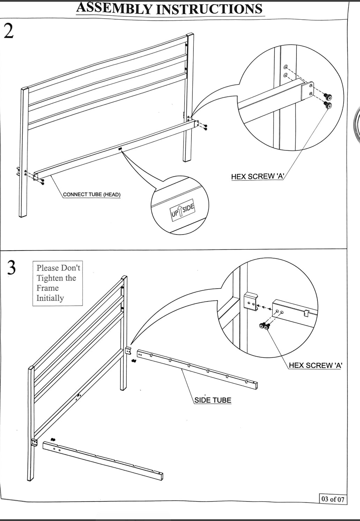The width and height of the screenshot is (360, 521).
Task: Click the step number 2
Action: pyautogui.click(x=8, y=32)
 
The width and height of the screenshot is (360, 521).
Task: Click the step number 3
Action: pyautogui.click(x=11, y=268)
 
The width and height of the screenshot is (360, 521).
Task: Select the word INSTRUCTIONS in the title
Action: pyautogui.click(x=209, y=9)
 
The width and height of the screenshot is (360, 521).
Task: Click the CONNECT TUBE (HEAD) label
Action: pyautogui.click(x=91, y=194)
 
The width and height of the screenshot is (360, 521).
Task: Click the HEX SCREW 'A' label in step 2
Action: pyautogui.click(x=257, y=177)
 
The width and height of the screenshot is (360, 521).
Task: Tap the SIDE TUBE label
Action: pyautogui.click(x=213, y=400)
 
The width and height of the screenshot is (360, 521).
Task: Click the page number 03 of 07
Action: pyautogui.click(x=333, y=499)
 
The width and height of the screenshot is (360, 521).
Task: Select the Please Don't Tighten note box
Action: pyautogui.click(x=58, y=283)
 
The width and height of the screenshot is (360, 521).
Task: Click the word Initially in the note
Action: pyautogui.click(x=50, y=298)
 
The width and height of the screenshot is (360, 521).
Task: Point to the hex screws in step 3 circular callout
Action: pyautogui.click(x=265, y=326)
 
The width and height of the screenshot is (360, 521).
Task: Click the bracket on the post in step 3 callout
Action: pyautogui.click(x=250, y=301)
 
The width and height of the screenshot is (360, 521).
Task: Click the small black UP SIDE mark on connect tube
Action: pyautogui.click(x=120, y=149)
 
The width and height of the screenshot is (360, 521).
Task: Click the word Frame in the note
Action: pyautogui.click(x=47, y=288)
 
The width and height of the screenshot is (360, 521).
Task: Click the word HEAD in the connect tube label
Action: pyautogui.click(x=112, y=194)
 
